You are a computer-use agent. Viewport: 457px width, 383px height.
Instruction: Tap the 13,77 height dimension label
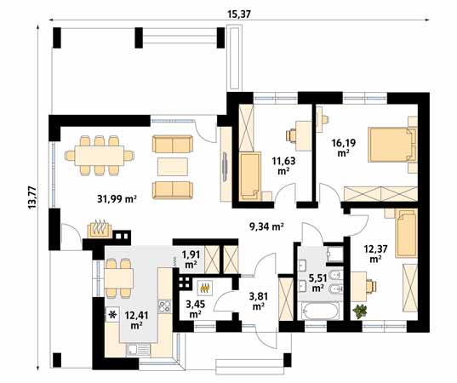32,195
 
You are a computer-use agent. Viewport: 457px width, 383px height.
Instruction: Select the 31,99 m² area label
119,200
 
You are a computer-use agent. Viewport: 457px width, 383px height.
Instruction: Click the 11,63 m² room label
283,163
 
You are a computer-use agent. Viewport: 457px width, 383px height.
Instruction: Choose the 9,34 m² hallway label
265,226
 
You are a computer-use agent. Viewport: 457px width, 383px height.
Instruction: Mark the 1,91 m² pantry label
191,258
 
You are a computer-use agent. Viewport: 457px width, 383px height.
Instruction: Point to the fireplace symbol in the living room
100,228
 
